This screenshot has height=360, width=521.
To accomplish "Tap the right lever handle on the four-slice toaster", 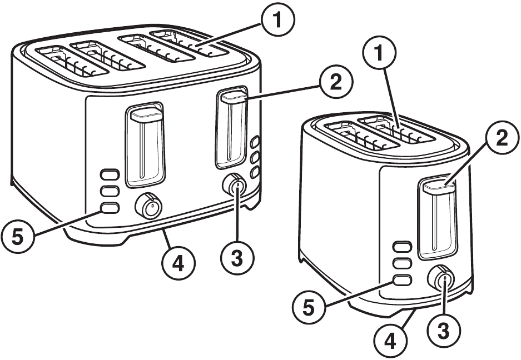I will (234, 98).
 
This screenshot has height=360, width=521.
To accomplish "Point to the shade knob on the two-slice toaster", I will (443, 279).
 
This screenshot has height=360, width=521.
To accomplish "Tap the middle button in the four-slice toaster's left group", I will (110, 191).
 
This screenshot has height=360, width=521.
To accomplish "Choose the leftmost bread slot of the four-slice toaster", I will (71, 61).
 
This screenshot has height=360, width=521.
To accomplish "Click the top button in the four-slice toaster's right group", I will (256, 142).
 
